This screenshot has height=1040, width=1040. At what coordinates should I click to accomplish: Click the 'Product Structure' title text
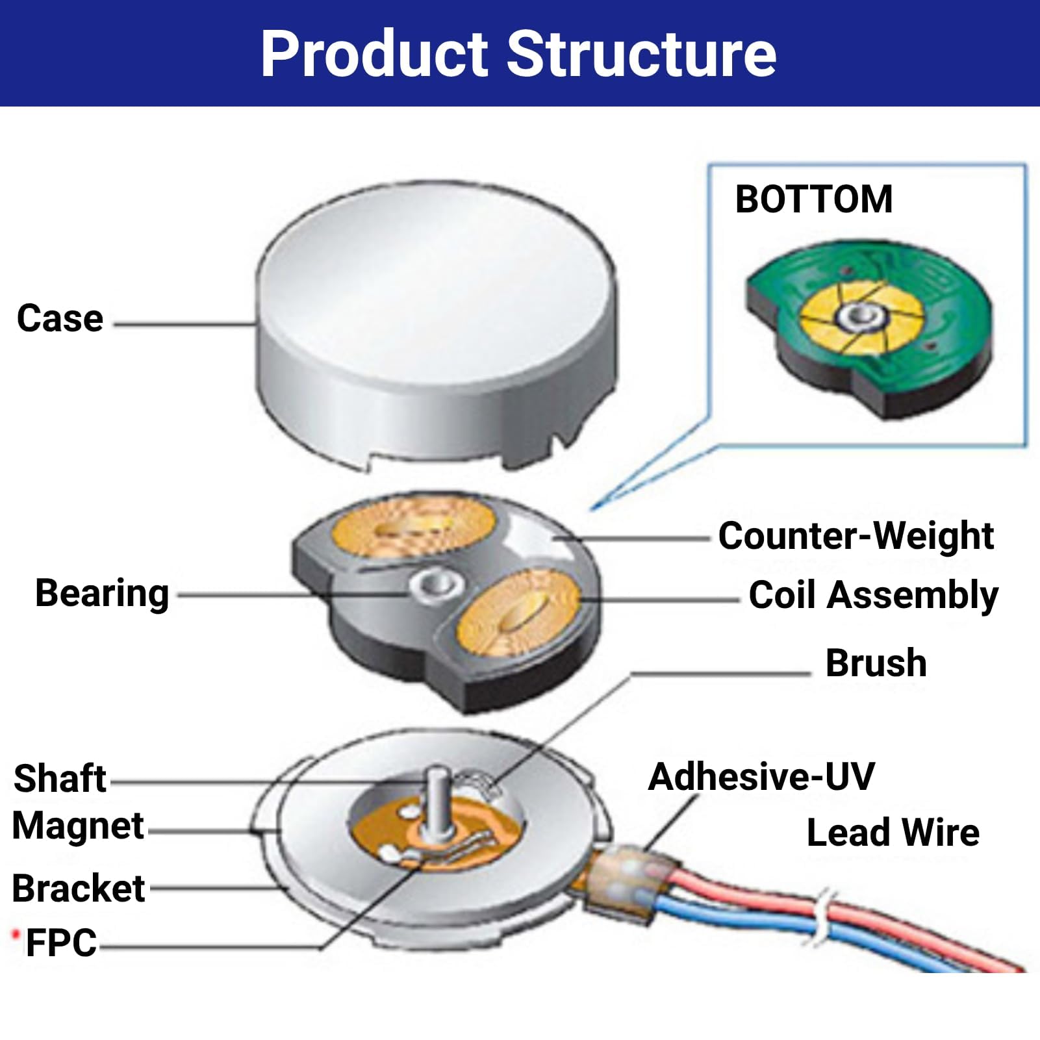518,54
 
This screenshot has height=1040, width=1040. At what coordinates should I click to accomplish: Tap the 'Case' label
60,318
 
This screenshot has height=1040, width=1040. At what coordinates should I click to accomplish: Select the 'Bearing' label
102,594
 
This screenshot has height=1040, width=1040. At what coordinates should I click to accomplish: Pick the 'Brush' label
876,663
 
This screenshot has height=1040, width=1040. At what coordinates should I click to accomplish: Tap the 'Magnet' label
78,826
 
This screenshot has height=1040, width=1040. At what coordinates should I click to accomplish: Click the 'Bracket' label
79,888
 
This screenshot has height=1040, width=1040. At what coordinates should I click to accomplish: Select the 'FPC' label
62,943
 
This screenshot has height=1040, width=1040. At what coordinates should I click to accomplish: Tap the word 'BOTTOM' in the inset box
814,199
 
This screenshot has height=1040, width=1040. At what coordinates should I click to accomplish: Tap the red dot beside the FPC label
16,935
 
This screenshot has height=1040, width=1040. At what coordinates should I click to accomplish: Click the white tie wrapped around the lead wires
822,917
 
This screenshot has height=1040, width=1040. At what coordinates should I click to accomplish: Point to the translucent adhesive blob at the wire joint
630,880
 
